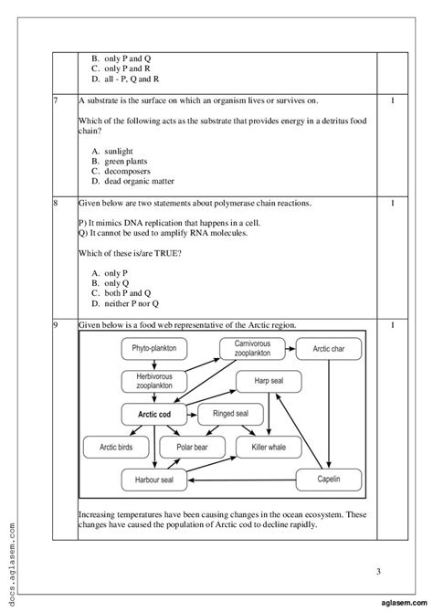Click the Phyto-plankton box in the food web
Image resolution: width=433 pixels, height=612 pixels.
tap(153, 348)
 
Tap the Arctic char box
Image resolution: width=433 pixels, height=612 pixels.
tap(333, 348)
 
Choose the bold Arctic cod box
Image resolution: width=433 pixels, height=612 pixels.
tap(154, 414)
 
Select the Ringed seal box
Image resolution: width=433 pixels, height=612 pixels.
tap(231, 414)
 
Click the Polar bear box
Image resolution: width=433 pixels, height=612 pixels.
tap(192, 447)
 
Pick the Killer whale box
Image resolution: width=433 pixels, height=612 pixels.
tap(269, 447)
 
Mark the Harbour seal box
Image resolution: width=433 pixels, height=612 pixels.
tap(154, 479)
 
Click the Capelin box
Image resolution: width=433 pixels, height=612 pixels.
tap(329, 479)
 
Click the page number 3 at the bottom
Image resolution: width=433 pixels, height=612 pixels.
tap(378, 571)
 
